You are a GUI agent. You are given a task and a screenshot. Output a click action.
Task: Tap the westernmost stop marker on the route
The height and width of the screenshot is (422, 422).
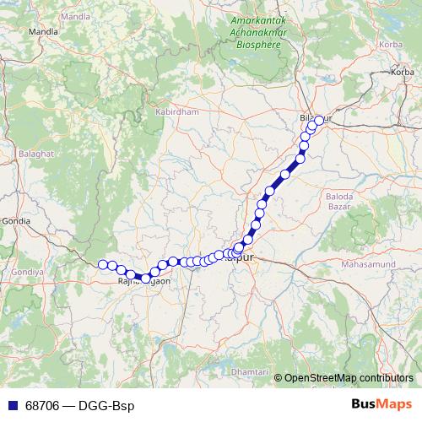click(103, 264)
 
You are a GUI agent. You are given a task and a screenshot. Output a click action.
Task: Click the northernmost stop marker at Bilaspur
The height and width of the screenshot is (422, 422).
click(319, 120)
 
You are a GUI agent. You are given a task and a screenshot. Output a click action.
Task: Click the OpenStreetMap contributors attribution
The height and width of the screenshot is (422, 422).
click(349, 377)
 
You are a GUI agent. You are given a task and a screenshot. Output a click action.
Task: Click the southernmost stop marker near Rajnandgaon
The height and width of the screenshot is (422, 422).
click(146, 279)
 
